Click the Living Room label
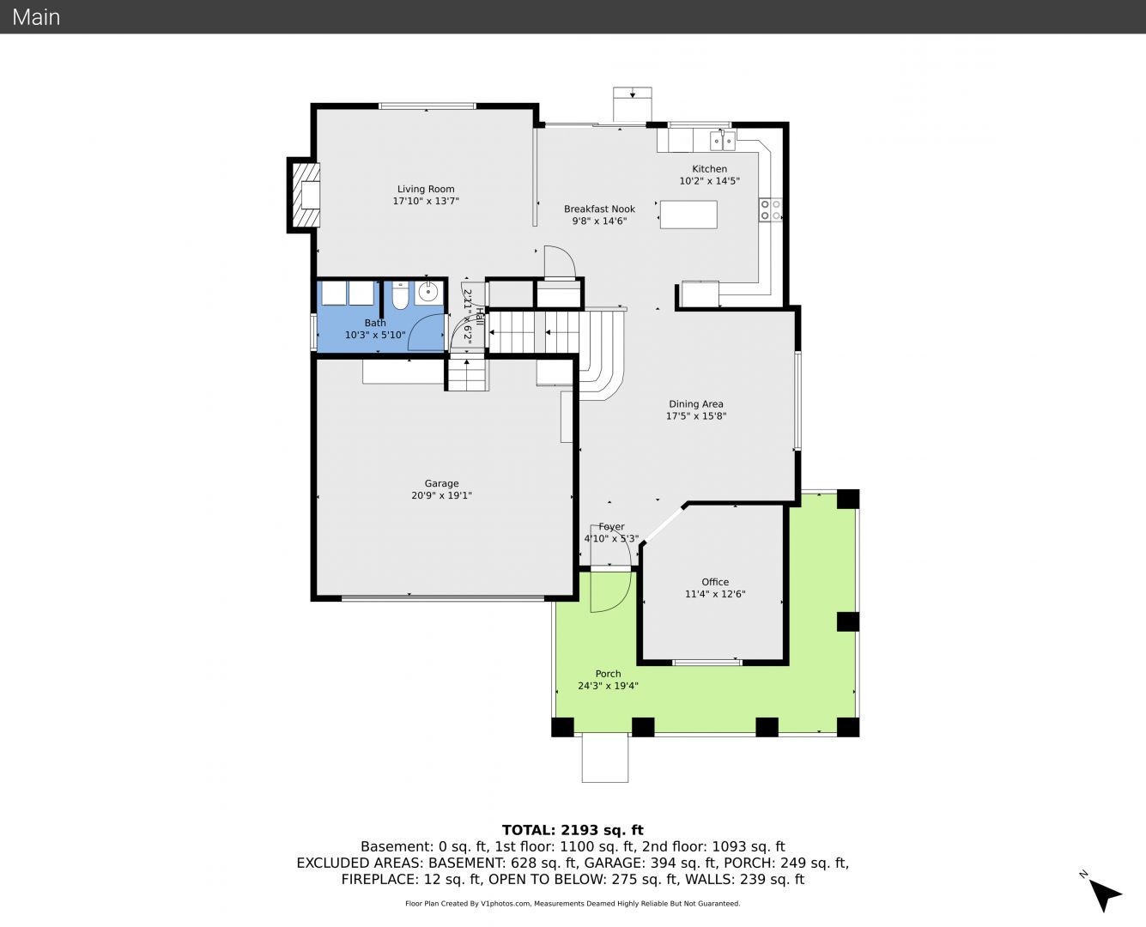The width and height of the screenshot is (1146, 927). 426,189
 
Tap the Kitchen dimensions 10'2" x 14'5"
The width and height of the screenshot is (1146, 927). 709,181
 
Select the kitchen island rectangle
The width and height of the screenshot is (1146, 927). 688,215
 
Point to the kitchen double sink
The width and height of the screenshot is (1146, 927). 723,142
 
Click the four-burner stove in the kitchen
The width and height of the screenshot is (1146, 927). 771,209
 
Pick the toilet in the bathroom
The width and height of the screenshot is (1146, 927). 400,295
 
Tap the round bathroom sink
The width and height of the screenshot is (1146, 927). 428,294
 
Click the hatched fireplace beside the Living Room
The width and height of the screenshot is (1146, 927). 306,195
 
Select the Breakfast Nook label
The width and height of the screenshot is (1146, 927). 599,209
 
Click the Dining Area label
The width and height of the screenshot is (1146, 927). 696,404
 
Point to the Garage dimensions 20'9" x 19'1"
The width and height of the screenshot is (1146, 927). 442,495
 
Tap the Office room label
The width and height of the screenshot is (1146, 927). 715,582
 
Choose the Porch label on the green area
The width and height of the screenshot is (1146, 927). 608,674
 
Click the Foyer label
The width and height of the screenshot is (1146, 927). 611,527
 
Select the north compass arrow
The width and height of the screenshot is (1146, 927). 1105,895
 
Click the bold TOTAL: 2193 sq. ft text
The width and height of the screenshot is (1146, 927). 573,830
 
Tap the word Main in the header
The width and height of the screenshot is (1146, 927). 36,17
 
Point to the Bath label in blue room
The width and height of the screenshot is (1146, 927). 375,323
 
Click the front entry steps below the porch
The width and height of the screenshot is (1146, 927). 604,758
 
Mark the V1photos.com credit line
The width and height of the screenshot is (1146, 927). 573,903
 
